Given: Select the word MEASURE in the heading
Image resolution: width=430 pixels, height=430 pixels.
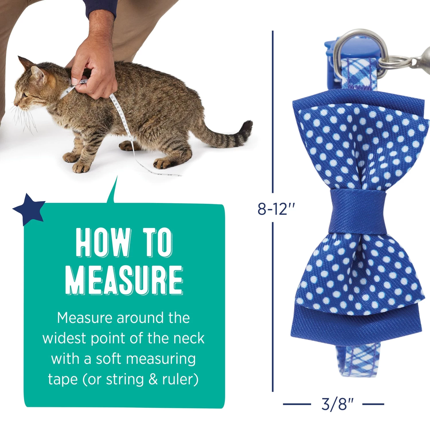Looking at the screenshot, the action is [124, 280].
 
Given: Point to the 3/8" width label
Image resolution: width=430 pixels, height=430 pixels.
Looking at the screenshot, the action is [337, 404].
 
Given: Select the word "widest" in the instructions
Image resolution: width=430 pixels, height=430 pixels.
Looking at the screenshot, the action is [64, 338].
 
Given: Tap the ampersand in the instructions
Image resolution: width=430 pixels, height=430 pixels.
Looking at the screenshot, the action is [153, 380].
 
